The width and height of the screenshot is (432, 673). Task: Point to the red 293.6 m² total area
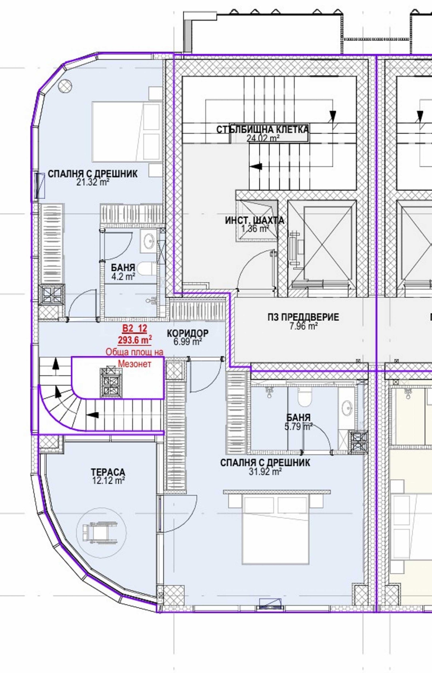point(135,340)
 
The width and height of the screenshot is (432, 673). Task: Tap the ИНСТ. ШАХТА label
point(255,220)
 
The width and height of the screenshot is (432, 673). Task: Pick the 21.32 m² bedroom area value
point(93,182)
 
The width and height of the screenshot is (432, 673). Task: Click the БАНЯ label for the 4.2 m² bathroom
point(123,267)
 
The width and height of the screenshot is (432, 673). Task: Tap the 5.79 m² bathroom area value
point(298,427)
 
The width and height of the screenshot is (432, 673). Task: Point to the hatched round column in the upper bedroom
point(65,85)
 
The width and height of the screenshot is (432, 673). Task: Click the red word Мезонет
point(135,364)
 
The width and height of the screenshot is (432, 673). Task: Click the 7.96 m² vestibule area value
point(303,326)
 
